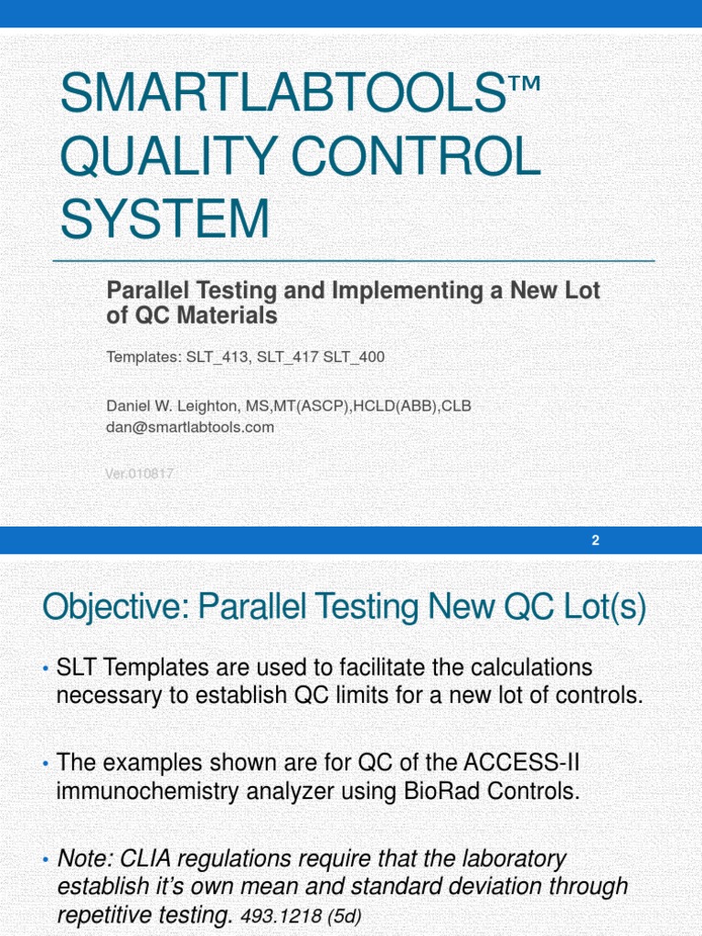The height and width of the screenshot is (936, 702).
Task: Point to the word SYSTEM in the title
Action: click(165, 220)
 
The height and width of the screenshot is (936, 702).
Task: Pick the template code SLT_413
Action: click(218, 357)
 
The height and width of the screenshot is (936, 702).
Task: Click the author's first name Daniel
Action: click(131, 406)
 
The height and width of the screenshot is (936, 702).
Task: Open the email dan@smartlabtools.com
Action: click(190, 427)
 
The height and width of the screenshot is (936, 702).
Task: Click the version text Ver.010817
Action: click(140, 473)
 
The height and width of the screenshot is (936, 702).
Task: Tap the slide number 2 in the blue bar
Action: click(595, 540)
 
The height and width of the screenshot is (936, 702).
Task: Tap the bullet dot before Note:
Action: click(46, 860)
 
